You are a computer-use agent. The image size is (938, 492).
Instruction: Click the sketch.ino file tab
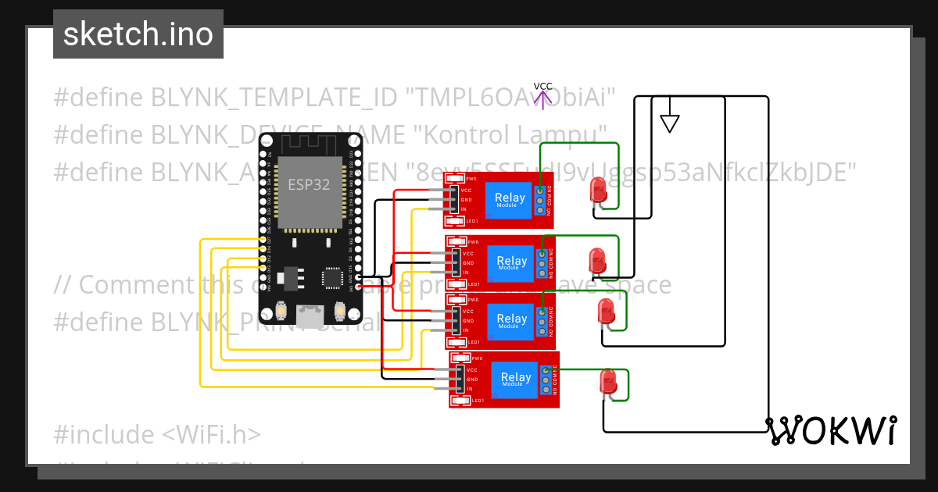(x=138, y=34)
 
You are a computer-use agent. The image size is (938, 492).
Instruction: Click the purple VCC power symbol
(x=542, y=95)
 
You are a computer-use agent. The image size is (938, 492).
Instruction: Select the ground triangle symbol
(x=669, y=123)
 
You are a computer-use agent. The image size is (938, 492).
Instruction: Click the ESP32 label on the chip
(x=308, y=185)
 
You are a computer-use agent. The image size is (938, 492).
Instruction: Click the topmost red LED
(x=598, y=191)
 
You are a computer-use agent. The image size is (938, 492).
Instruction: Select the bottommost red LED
(x=607, y=382)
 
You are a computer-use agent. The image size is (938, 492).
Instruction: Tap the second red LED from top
(x=596, y=260)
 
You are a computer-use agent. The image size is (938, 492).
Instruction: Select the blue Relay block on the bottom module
(x=515, y=379)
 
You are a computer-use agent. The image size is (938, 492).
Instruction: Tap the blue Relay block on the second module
(x=511, y=263)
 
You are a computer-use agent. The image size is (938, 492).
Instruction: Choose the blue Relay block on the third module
(x=511, y=320)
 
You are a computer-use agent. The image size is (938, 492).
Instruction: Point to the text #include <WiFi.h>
(x=157, y=434)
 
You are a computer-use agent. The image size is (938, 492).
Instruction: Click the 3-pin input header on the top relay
(x=453, y=200)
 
